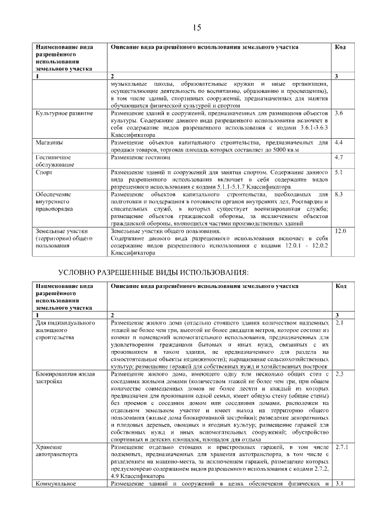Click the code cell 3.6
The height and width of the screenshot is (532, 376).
click(x=338, y=112)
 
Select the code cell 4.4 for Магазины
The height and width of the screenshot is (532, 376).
click(x=338, y=143)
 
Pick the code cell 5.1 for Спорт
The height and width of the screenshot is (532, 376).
click(x=338, y=172)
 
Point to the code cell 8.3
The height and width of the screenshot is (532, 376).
click(x=338, y=194)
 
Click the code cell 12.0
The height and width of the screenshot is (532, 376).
click(x=340, y=232)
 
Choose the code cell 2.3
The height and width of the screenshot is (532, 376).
click(x=338, y=374)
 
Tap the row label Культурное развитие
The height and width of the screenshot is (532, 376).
click(x=64, y=112)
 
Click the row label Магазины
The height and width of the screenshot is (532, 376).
click(x=50, y=143)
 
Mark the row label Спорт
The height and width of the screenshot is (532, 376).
click(x=44, y=172)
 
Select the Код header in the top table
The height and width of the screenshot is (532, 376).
click(x=340, y=47)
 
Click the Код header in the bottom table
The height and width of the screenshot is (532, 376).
click(x=340, y=286)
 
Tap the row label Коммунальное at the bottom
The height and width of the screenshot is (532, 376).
click(x=58, y=484)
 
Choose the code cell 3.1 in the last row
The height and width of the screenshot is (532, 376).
click(x=338, y=484)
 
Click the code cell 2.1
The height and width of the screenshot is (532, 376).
click(x=338, y=323)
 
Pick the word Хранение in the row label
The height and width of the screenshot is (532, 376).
click(x=49, y=447)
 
